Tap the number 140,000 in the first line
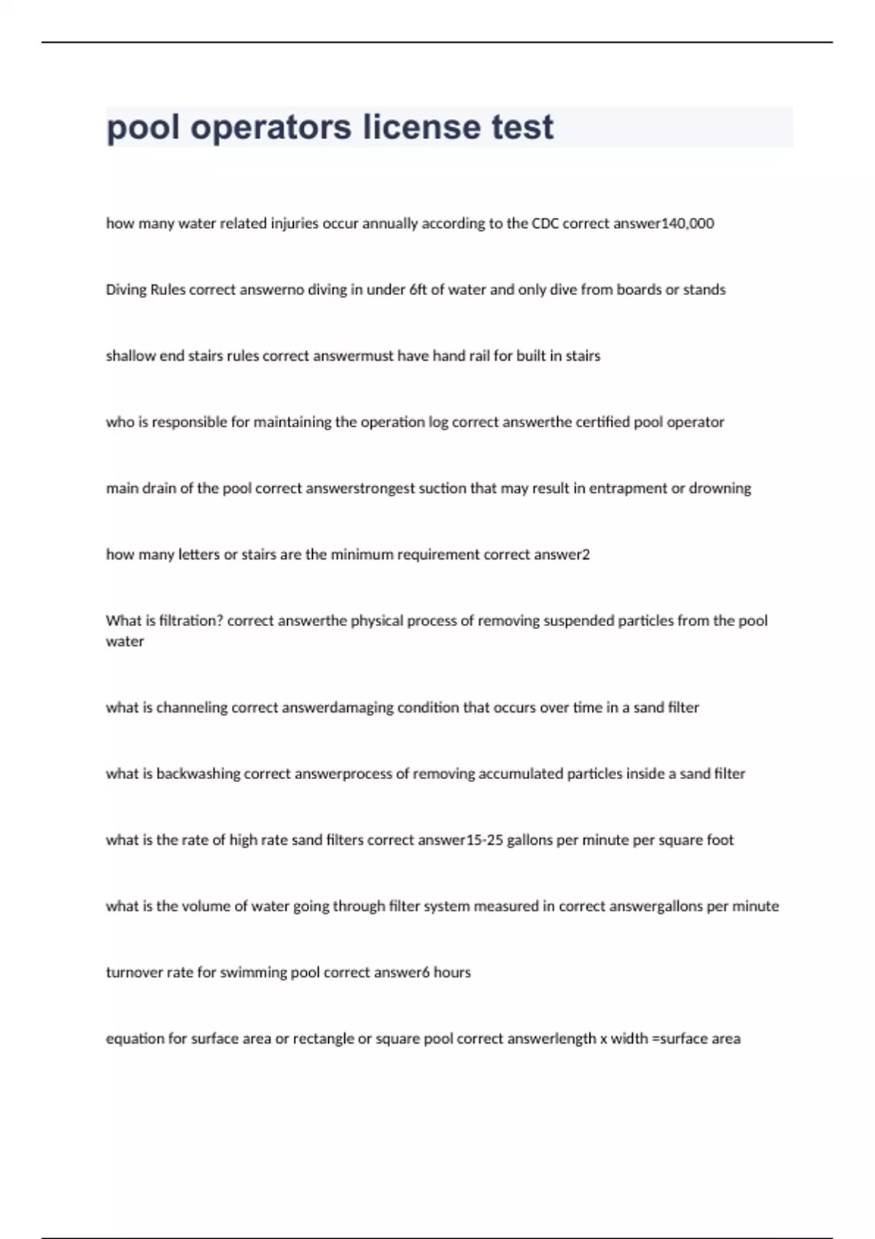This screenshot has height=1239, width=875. pos(687,224)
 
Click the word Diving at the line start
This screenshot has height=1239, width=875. pos(126,290)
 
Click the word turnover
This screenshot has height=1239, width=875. pos(134,972)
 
